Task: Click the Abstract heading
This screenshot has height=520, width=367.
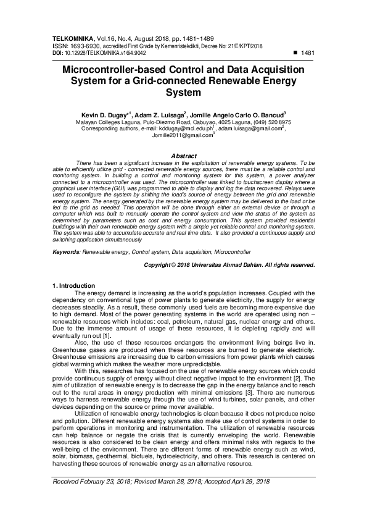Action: click(183, 156)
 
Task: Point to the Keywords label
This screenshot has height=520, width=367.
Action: click(66, 253)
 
